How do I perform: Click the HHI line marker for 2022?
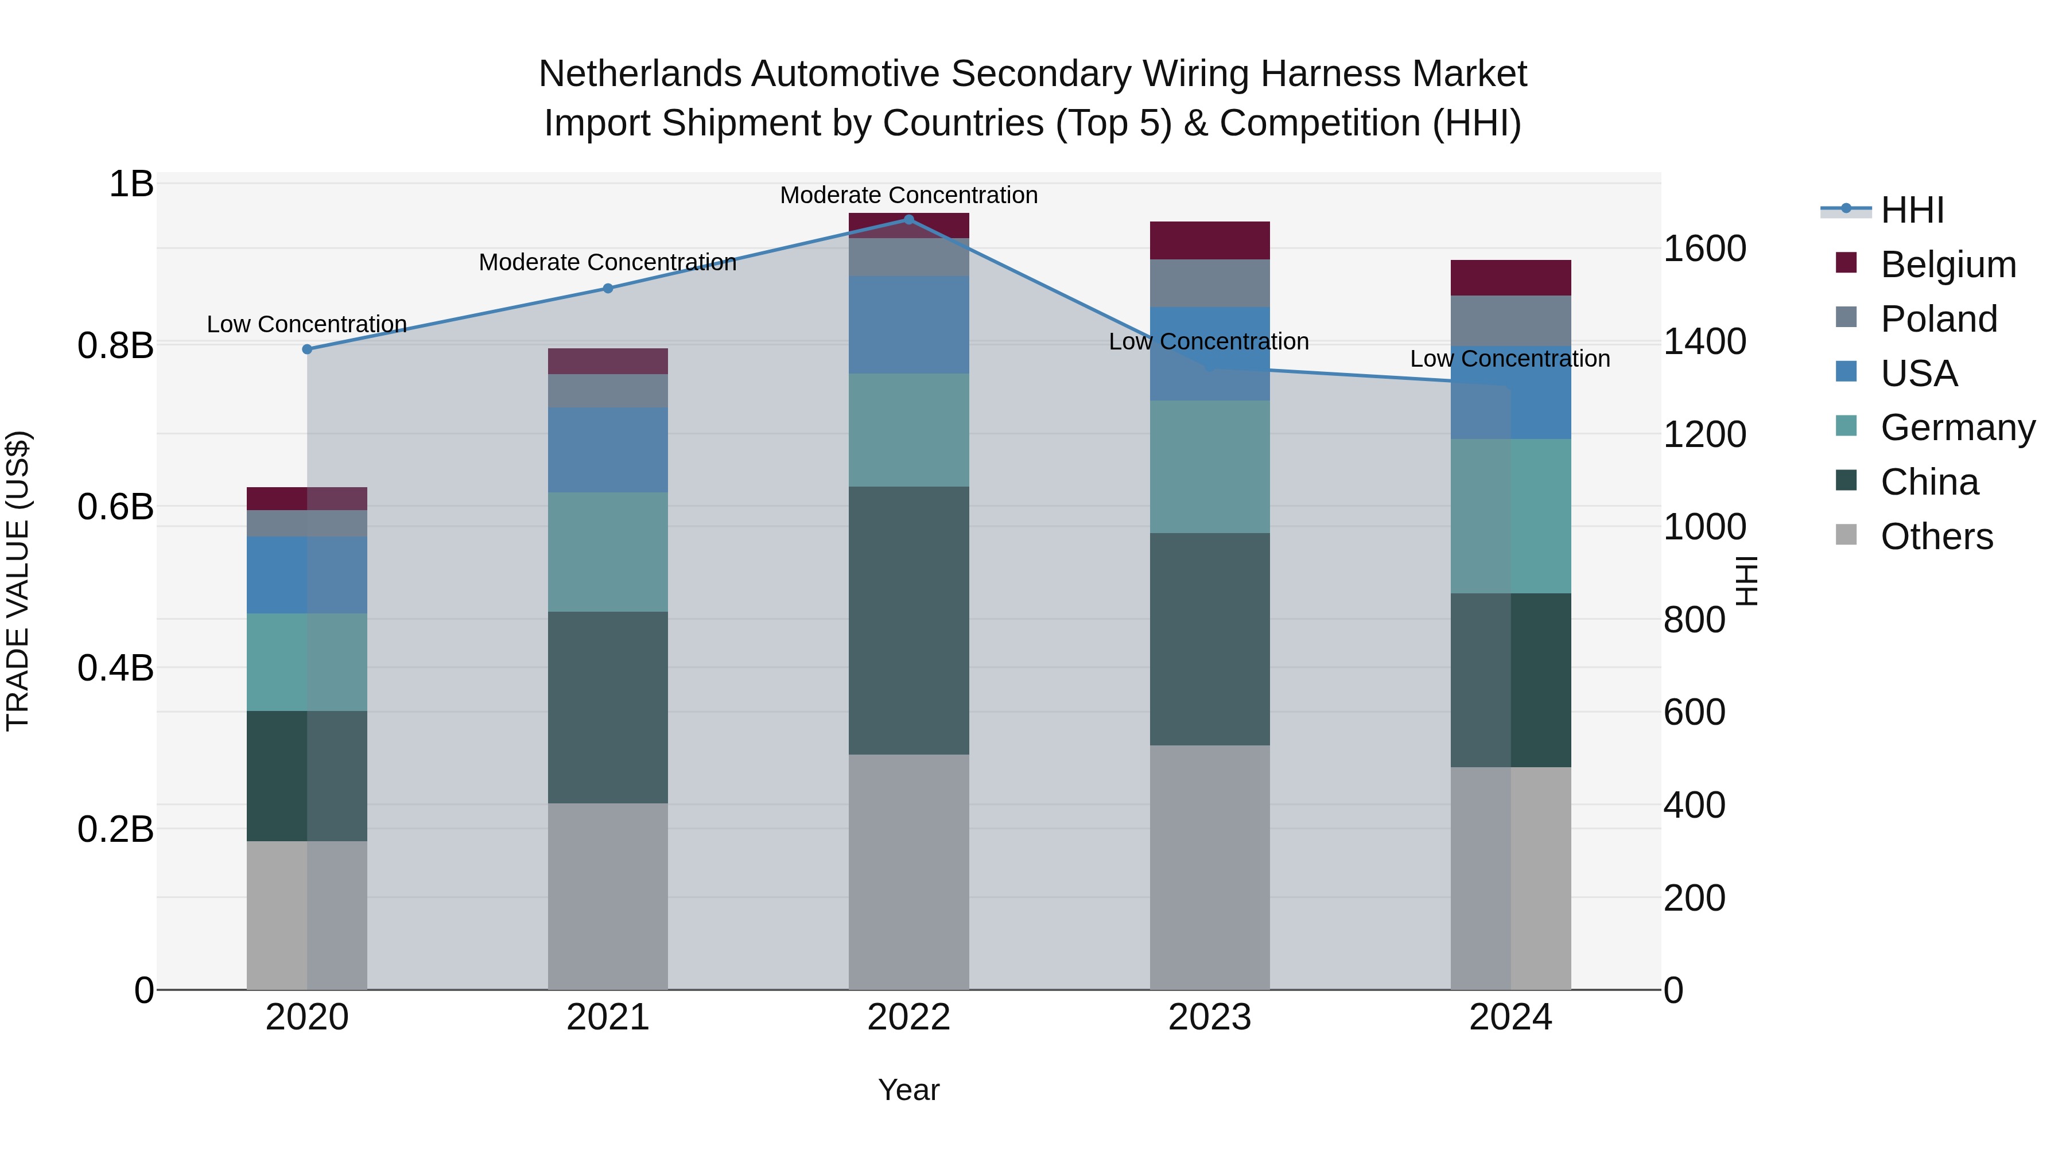(908, 220)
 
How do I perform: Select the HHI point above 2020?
(307, 349)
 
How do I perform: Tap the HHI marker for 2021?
(608, 289)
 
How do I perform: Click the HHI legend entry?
(1912, 210)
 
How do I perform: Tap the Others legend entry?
(1936, 537)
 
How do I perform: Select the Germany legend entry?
(1957, 428)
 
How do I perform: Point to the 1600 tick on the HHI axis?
(1704, 248)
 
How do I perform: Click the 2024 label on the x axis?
(1510, 1017)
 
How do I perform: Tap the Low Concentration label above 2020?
(307, 324)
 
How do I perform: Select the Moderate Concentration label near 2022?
(908, 195)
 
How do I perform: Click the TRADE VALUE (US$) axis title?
(18, 581)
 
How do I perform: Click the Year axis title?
(908, 1090)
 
